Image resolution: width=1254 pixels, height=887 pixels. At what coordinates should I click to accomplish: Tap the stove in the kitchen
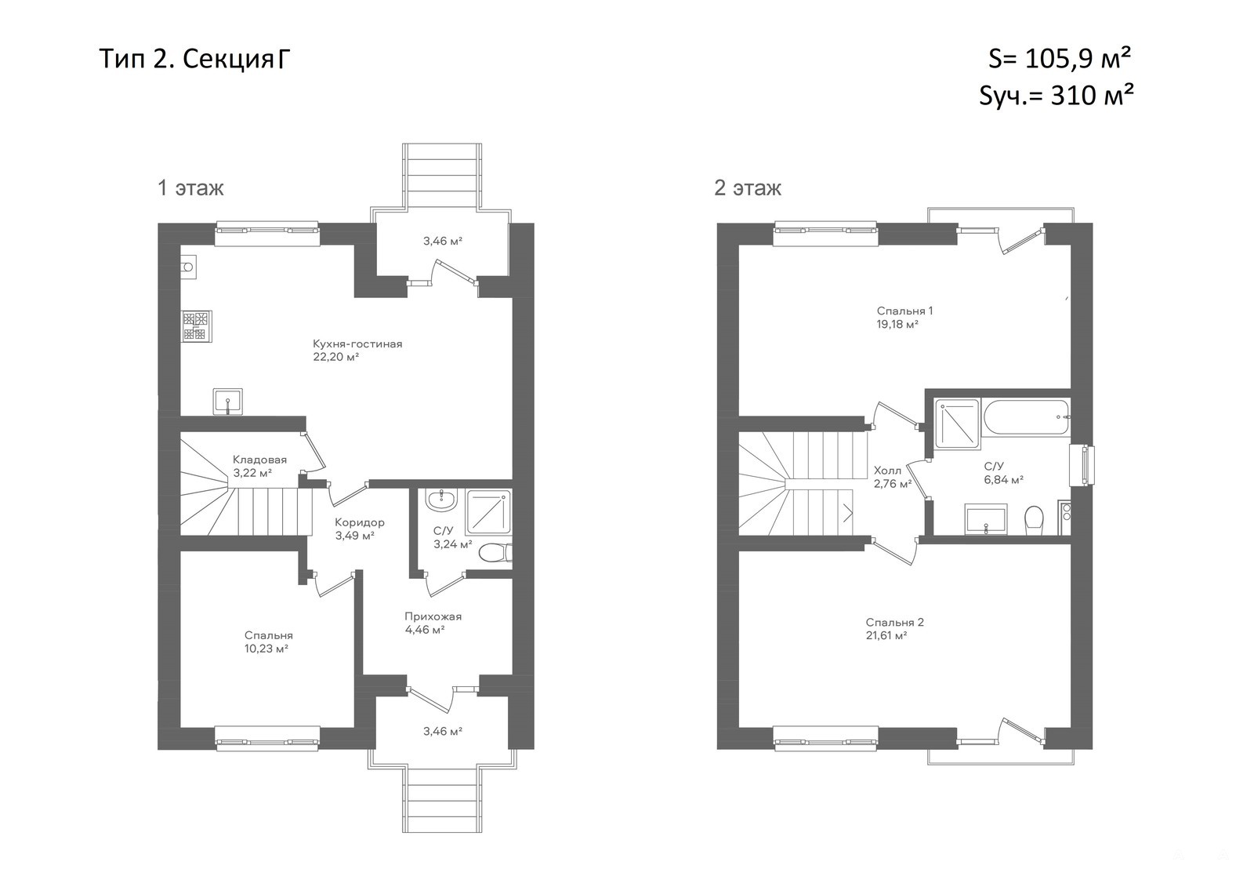(x=197, y=326)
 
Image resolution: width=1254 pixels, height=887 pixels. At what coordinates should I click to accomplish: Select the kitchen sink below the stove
(x=227, y=402)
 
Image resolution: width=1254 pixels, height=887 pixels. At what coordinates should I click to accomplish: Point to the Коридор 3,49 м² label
(x=360, y=529)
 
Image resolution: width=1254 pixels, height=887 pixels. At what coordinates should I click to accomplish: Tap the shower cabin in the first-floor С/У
(x=488, y=511)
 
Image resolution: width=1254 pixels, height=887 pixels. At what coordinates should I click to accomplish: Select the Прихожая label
(x=433, y=617)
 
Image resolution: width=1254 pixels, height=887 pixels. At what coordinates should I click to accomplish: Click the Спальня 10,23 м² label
(x=268, y=642)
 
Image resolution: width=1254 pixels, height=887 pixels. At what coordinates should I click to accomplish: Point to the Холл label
(x=887, y=471)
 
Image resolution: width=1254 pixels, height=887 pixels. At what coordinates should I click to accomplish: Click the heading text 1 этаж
(x=191, y=187)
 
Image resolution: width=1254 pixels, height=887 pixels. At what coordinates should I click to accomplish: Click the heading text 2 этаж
(x=748, y=187)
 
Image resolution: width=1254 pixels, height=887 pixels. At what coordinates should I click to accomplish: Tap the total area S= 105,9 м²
(x=1058, y=58)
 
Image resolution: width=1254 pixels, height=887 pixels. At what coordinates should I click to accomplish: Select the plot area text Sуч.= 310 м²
(x=1056, y=95)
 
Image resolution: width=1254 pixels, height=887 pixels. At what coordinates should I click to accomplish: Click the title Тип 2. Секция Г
(x=195, y=59)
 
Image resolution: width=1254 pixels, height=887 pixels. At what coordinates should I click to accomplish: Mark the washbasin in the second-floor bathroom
(x=986, y=518)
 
